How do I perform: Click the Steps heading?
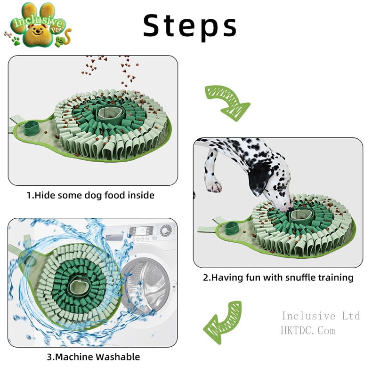coord(190,25)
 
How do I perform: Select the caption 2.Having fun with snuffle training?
coord(278,277)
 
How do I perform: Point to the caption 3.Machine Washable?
coord(93,357)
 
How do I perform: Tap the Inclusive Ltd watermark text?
coord(321,316)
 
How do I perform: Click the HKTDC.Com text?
coord(308,331)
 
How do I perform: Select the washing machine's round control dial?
coord(166,231)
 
